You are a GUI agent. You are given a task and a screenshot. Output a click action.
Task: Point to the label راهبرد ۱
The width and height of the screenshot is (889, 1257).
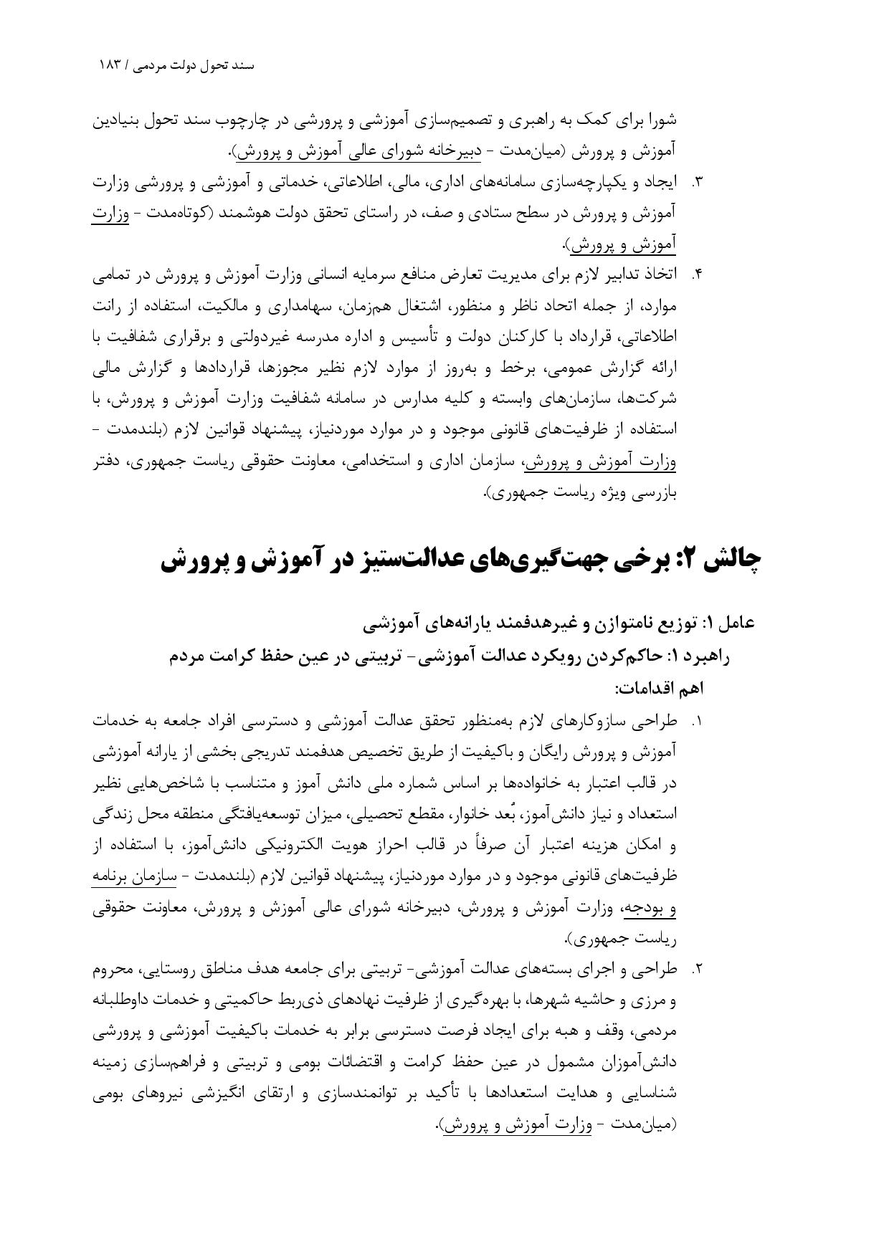click(x=699, y=656)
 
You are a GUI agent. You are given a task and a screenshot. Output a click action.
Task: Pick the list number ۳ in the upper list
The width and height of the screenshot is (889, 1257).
click(x=695, y=183)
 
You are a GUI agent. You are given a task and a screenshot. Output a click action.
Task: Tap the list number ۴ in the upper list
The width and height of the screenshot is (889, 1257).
click(x=695, y=275)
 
